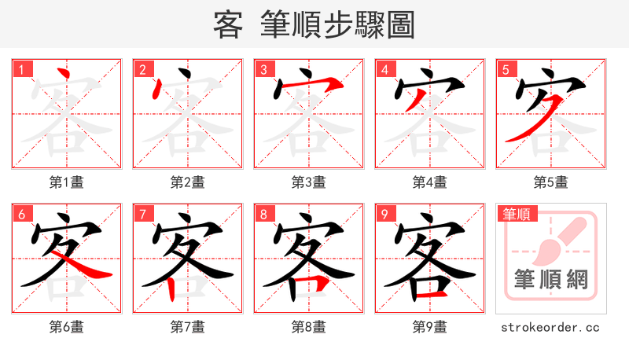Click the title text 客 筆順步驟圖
[x=314, y=25]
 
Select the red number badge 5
[x=507, y=70]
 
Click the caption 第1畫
[x=67, y=182]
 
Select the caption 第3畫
[x=309, y=182]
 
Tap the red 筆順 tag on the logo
[x=516, y=214]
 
